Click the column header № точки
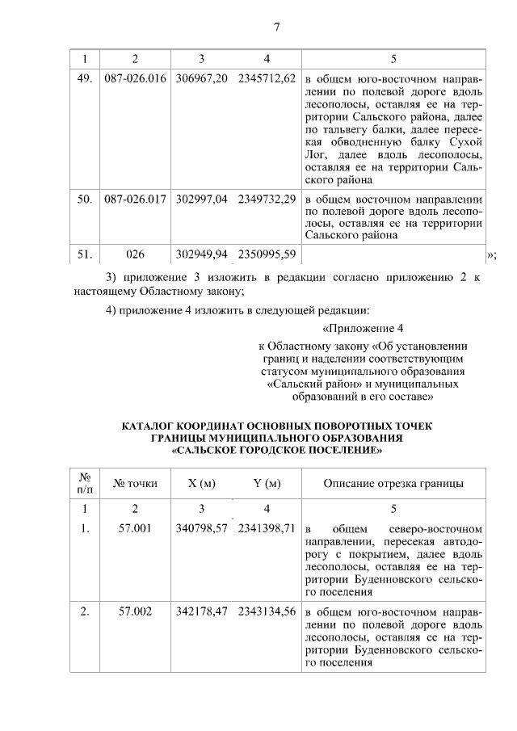[135, 484]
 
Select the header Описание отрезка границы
[393, 484]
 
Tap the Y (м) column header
[267, 484]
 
